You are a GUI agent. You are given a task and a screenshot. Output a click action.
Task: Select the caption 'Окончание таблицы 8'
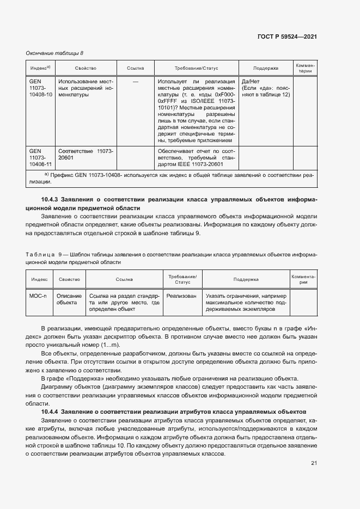(x=54, y=53)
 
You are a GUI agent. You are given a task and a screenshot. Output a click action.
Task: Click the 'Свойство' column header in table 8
(x=86, y=69)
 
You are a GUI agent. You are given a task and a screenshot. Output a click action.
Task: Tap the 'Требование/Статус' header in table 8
(x=196, y=69)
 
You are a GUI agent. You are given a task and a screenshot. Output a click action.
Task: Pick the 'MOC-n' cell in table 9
(x=38, y=296)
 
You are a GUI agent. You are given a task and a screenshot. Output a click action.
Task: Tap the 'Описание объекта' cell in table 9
(x=69, y=299)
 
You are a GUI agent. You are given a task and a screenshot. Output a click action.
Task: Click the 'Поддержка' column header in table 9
(x=246, y=279)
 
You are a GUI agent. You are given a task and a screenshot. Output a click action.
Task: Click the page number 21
(x=314, y=463)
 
